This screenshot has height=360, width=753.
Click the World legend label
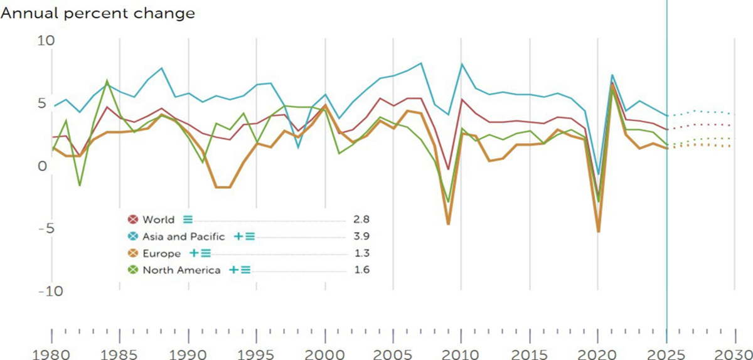[158, 220]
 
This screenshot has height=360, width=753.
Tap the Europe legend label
[162, 253]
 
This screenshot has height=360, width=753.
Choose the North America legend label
[181, 270]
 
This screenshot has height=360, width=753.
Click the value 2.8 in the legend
[362, 220]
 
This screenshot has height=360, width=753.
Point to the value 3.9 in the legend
[362, 236]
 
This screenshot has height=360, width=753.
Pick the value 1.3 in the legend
[362, 253]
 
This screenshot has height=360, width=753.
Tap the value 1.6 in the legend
[362, 270]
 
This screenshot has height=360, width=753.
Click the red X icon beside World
[132, 220]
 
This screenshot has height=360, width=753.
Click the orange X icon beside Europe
[132, 253]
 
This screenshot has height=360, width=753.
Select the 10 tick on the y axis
[46, 40]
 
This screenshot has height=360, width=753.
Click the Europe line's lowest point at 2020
[599, 232]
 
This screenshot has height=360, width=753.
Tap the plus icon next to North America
[233, 270]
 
